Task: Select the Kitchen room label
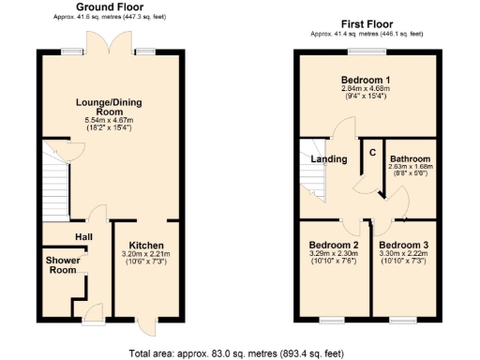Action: click(146, 243)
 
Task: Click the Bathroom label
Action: click(410, 159)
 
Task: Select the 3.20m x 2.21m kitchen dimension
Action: click(146, 253)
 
